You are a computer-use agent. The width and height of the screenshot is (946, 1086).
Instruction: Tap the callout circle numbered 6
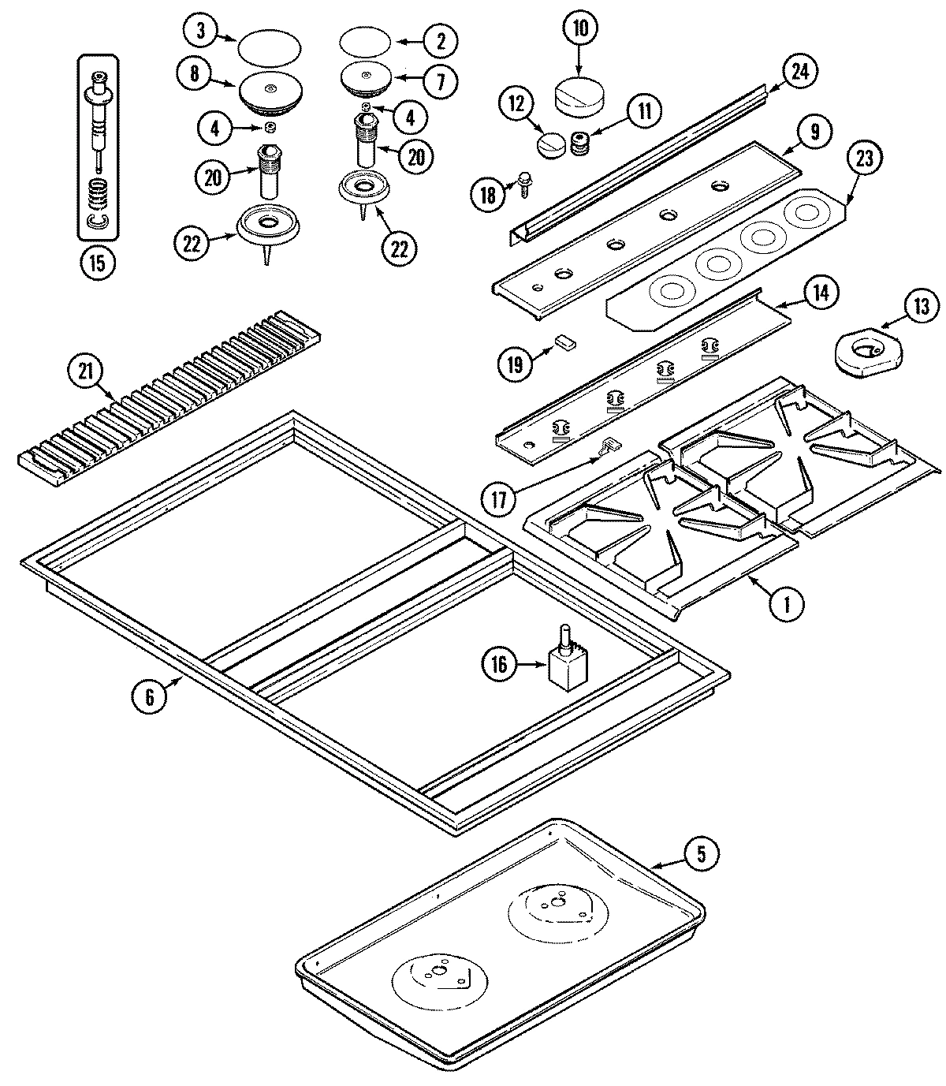151,696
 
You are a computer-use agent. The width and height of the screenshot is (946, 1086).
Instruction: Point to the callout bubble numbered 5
701,853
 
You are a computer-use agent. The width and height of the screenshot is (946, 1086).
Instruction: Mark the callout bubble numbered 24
799,71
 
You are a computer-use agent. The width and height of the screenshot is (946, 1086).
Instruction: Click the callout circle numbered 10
579,29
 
